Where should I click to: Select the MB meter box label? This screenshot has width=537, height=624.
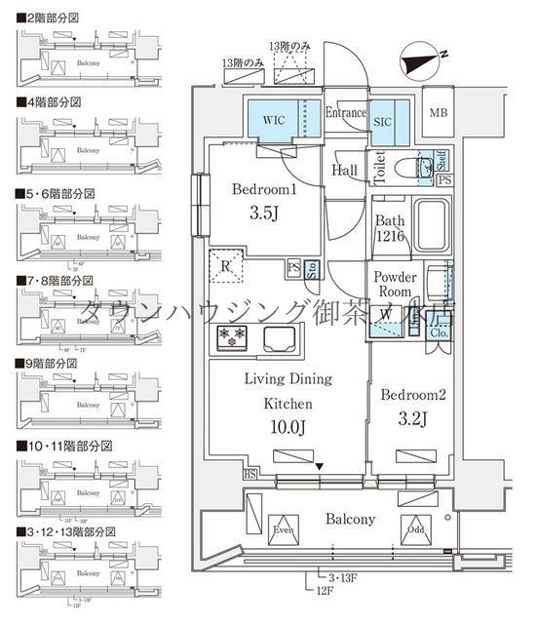pyautogui.click(x=441, y=112)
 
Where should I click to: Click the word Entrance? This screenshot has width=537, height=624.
pyautogui.click(x=344, y=112)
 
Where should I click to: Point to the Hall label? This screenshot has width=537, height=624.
pyautogui.click(x=346, y=170)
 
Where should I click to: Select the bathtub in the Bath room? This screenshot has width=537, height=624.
pyautogui.click(x=430, y=227)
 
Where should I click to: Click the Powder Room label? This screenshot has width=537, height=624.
pyautogui.click(x=397, y=285)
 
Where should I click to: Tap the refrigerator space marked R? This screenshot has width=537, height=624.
pyautogui.click(x=226, y=264)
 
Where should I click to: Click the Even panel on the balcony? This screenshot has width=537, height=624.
pyautogui.click(x=284, y=532)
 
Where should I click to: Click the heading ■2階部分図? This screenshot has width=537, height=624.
pyautogui.click(x=50, y=18)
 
